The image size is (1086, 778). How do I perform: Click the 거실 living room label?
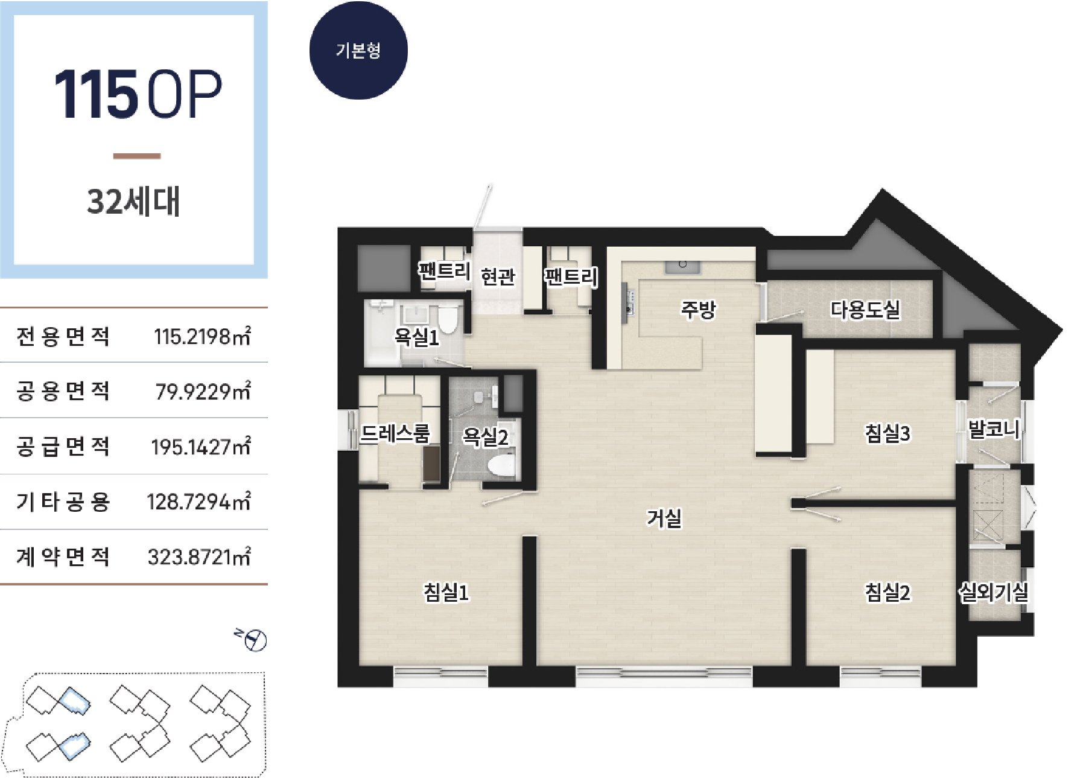pos(664,518)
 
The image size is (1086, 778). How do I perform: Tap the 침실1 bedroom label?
pos(446,592)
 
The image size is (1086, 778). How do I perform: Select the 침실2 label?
pos(888,592)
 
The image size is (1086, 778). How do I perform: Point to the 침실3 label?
pos(888,433)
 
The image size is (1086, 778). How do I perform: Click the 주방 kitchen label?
pos(698,310)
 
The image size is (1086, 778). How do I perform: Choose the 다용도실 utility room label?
pos(865,310)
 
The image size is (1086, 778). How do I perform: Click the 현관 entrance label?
pos(498,276)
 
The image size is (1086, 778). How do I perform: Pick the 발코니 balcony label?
pos(994,430)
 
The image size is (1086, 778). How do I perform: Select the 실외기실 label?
pos(994,592)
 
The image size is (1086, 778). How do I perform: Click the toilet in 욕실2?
pos(502,465)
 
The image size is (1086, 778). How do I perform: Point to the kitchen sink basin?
pos(682,266)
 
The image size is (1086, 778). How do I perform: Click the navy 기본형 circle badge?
pos(358,50)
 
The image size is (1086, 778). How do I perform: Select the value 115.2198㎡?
pos(202,336)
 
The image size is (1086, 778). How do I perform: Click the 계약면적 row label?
pos(63,556)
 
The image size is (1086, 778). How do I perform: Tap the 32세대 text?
pos(133,202)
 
